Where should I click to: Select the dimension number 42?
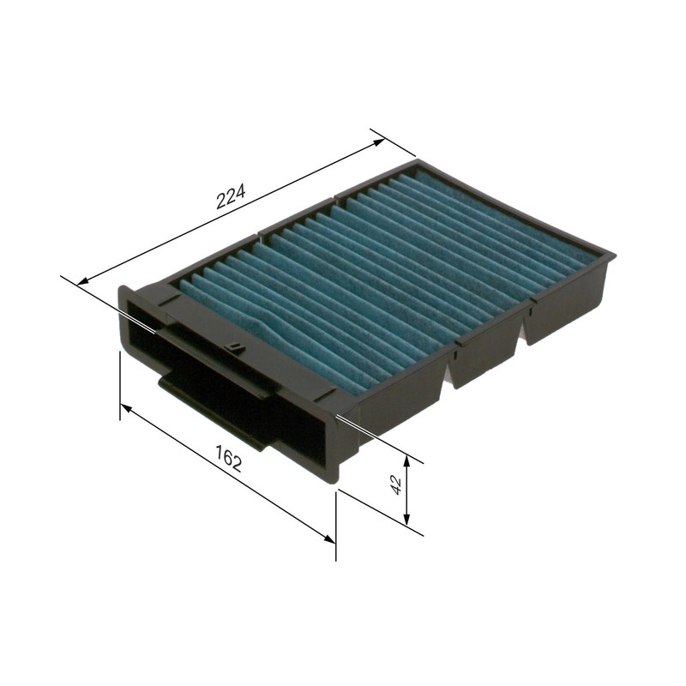395,484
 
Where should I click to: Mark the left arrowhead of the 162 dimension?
125,409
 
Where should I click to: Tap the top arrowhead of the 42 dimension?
407,461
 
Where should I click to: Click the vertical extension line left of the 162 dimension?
119,386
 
